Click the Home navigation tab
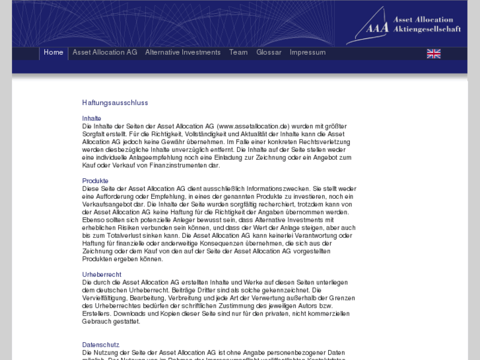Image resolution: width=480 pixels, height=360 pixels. pyautogui.click(x=53, y=53)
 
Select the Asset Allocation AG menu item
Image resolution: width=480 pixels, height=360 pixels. pyautogui.click(x=105, y=53)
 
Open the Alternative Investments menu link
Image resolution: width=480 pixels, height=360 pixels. pyautogui.click(x=183, y=53)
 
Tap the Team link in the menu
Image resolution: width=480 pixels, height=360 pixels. pyautogui.click(x=238, y=53)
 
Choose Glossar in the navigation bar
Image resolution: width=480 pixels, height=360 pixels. pyautogui.click(x=269, y=53)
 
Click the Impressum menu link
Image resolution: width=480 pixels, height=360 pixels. pyautogui.click(x=308, y=53)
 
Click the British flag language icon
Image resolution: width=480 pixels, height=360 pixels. pyautogui.click(x=434, y=54)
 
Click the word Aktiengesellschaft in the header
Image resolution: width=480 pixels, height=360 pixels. pyautogui.click(x=427, y=30)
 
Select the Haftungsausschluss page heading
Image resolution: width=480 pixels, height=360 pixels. pyautogui.click(x=115, y=103)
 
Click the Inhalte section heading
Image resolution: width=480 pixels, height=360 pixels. pyautogui.click(x=92, y=118)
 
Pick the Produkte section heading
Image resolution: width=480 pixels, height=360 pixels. pyautogui.click(x=95, y=180)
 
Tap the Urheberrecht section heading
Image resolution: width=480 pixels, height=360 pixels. pyautogui.click(x=102, y=274)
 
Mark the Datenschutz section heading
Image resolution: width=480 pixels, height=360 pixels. pyautogui.click(x=100, y=345)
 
